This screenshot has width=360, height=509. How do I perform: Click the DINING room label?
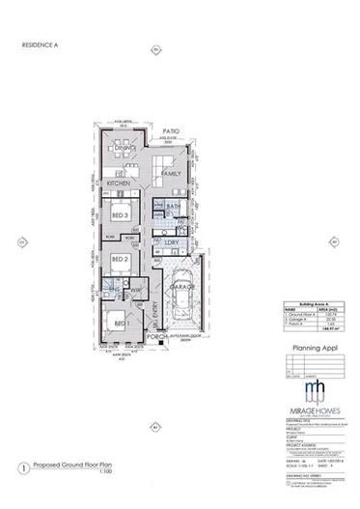pyautogui.click(x=123, y=147)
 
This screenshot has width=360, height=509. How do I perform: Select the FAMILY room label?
pyautogui.click(x=172, y=173)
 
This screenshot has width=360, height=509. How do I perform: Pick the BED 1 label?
pyautogui.click(x=121, y=322)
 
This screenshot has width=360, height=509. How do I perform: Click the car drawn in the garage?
pyautogui.click(x=185, y=293)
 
